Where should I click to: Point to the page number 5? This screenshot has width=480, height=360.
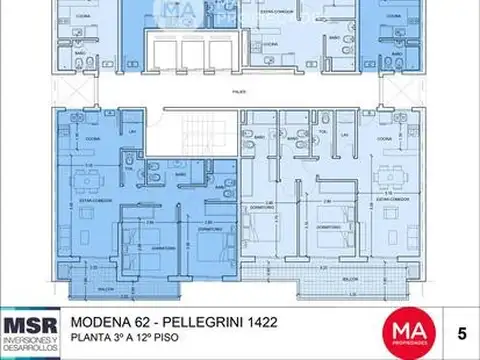(x=459, y=331)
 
